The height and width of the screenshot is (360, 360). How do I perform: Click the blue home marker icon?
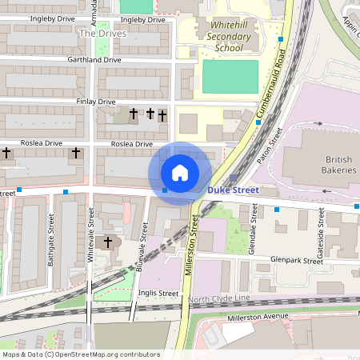pos(180,173)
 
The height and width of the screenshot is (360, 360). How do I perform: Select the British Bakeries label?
pos(329,164)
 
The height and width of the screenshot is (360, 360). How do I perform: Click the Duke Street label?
pos(234,190)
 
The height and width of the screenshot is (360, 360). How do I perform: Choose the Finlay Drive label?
pos(96,102)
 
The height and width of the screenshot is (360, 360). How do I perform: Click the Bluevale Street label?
pos(141,251)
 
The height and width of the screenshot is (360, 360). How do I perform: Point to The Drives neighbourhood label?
pos(102,34)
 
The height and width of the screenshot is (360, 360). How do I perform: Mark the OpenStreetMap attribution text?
pos(80,354)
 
